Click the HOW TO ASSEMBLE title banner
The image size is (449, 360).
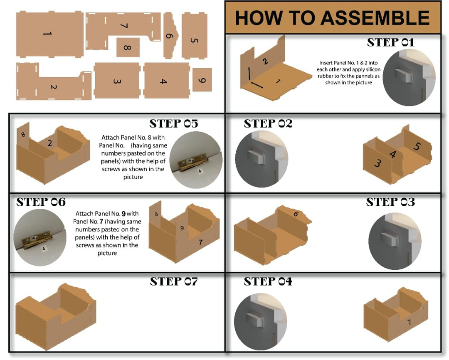(333, 17)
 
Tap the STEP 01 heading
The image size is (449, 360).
(390, 42)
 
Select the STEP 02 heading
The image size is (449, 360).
(268, 124)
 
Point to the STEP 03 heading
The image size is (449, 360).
(390, 202)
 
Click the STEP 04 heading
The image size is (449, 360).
(268, 282)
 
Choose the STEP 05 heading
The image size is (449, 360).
(173, 124)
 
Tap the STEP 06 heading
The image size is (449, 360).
(41, 202)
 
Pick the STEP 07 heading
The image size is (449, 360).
(173, 282)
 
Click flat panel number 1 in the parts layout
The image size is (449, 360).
(50, 34)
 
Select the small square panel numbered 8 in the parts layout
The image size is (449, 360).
(128, 47)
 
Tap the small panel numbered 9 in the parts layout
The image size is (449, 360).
(202, 80)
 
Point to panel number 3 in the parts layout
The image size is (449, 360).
(117, 81)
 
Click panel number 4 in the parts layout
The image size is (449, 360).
(164, 81)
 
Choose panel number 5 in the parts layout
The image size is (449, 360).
(194, 35)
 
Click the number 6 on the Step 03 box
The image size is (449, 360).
(296, 214)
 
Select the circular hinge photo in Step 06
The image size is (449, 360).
(40, 235)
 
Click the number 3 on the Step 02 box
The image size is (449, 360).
(377, 163)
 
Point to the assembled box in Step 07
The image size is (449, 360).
(56, 318)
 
